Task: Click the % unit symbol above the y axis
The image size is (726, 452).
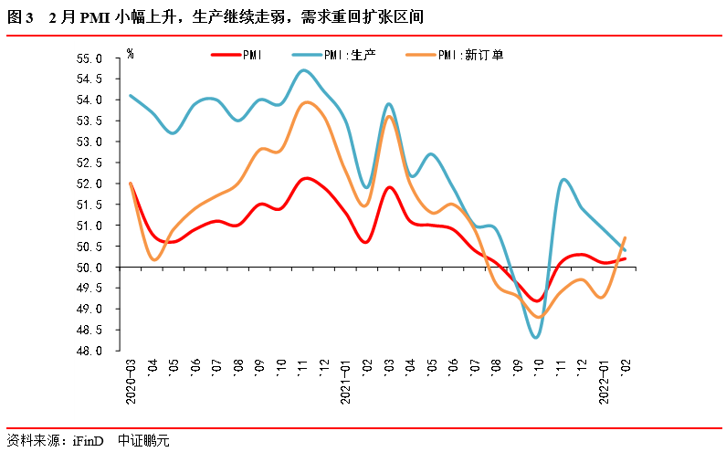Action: [x=131, y=54]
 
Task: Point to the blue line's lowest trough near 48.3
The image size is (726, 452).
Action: [x=536, y=337]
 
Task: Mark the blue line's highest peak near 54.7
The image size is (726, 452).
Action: [x=304, y=70]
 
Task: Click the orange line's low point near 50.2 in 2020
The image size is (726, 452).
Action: [x=154, y=259]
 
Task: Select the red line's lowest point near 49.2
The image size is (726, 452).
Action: [x=538, y=300]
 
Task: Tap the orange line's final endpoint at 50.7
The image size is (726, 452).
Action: [x=625, y=238]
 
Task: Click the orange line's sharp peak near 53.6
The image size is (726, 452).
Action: [x=389, y=116]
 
